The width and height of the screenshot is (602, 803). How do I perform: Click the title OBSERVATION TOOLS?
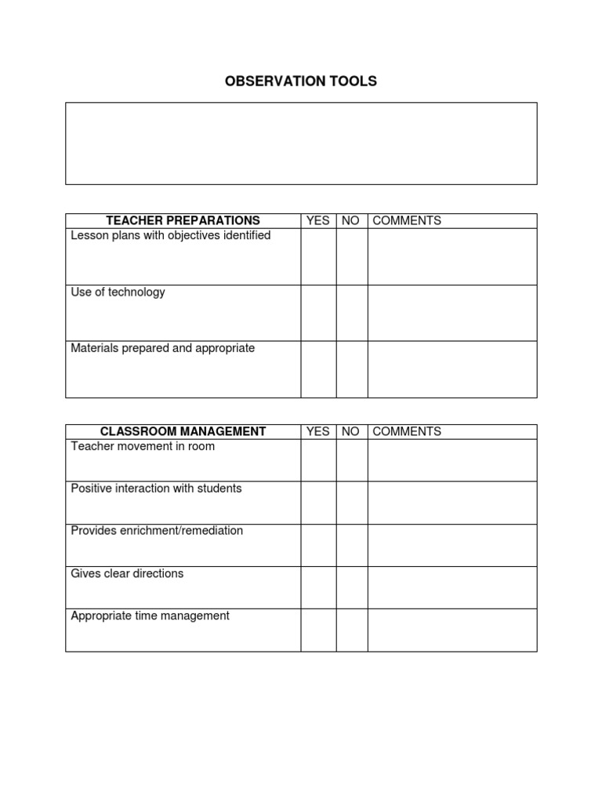pos(301,82)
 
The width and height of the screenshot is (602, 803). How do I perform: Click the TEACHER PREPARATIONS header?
pos(183,220)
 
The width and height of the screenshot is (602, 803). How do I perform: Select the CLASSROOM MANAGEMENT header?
pos(183,431)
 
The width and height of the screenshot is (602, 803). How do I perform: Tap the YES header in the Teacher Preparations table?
pos(318,220)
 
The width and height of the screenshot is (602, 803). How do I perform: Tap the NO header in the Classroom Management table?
pos(351,431)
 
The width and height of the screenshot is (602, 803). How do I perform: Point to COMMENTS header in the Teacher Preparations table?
pos(407,220)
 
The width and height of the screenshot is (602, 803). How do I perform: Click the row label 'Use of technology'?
pos(118,292)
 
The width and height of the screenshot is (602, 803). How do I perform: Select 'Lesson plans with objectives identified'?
pos(171,235)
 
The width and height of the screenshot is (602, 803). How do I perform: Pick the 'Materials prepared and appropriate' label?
pos(163,348)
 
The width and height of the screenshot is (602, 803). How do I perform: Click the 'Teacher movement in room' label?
pos(143,446)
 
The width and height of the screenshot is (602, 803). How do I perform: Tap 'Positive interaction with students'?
pos(157,489)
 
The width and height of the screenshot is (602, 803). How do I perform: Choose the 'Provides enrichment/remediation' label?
pos(157,531)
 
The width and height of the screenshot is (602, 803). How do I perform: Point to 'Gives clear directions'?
pos(127,573)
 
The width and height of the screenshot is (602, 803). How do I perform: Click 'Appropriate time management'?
pos(150,616)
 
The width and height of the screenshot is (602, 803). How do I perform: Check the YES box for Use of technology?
pos(318,313)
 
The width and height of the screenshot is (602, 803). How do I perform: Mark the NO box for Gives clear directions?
pos(352,587)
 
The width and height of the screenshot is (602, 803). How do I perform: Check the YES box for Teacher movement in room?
pos(318,460)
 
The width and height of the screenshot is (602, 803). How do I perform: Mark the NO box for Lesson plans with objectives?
pos(352,256)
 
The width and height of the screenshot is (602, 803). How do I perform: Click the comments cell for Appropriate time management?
pos(452,630)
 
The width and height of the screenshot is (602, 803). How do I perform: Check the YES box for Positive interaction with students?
pos(318,503)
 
